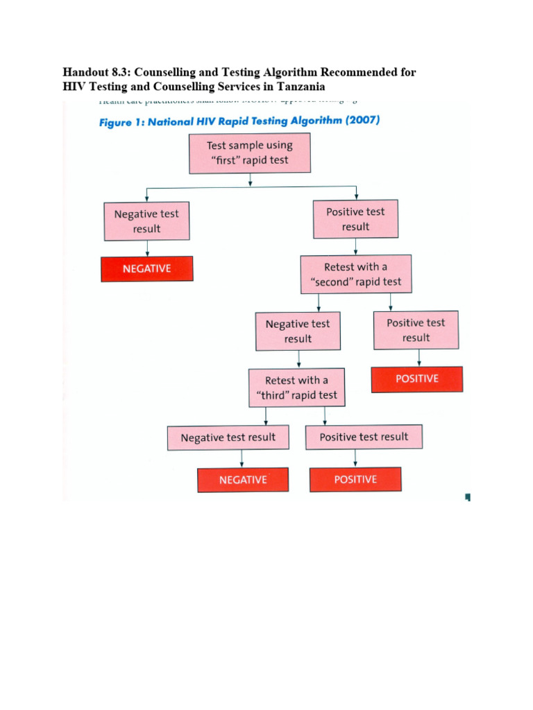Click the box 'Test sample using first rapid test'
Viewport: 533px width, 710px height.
point(250,153)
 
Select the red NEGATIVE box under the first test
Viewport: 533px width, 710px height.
point(146,268)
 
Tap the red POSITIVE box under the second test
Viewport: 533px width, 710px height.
point(416,379)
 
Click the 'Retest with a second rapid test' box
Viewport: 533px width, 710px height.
point(355,275)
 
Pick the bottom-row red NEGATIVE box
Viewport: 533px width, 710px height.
point(243,480)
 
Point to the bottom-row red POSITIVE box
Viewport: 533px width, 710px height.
point(355,480)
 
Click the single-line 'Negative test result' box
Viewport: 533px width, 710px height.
point(228,438)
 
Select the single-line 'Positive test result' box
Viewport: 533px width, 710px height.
point(364,437)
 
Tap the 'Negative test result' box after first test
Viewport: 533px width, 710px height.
point(146,221)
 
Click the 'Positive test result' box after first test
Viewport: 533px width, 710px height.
point(355,219)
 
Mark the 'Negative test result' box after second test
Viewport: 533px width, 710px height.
point(298,331)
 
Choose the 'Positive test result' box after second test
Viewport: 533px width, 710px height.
point(416,330)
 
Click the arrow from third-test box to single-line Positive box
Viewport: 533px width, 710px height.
point(325,416)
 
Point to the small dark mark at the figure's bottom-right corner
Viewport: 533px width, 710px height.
point(467,496)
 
